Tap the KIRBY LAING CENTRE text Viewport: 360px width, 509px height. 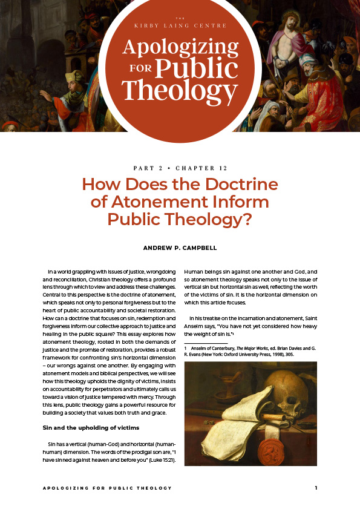[180, 26]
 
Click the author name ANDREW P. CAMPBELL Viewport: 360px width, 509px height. [180, 248]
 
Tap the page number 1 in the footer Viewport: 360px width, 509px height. [315, 488]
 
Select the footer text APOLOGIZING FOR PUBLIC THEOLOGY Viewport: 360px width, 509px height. [107, 488]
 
